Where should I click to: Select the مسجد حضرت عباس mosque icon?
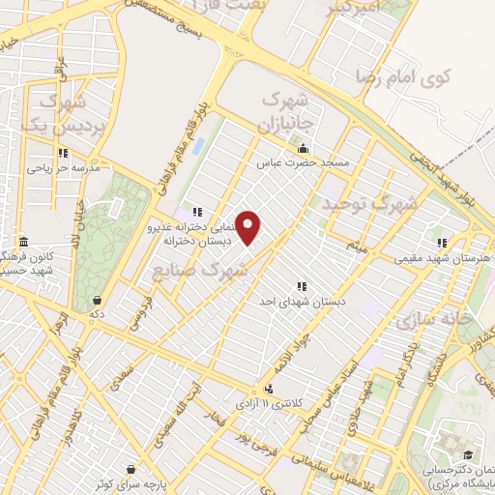(x=304, y=149)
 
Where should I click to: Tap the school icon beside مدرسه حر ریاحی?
(x=63, y=152)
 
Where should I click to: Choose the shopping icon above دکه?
(x=98, y=299)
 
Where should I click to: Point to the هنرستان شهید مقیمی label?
(x=433, y=259)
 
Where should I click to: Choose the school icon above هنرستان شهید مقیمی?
(x=442, y=243)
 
